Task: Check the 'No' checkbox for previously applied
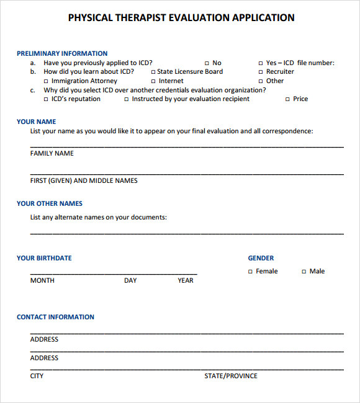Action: coord(207,63)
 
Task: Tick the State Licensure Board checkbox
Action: coord(153,72)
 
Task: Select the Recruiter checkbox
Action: coord(261,72)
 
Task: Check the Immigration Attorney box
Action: coord(46,81)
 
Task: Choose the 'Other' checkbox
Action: coord(261,81)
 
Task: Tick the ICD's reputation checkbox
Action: coord(46,99)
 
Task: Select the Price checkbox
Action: coord(287,99)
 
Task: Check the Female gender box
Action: coord(251,272)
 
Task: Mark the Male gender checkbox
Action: coord(304,272)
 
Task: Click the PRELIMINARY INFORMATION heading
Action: coord(62,53)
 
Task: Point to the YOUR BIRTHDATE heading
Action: coord(44,258)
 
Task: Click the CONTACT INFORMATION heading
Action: coord(55,317)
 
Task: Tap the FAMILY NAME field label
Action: coord(52,153)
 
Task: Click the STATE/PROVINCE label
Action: coord(231,376)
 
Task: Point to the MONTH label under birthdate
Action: coord(42,280)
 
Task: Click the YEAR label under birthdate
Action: coord(186,280)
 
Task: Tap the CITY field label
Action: coord(37,376)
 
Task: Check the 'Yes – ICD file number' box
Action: coord(261,63)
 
